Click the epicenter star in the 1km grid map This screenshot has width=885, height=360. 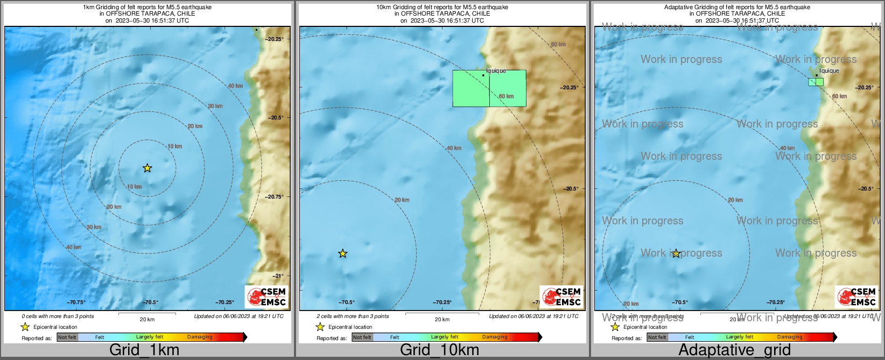(147, 168)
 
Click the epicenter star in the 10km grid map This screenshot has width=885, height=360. (343, 253)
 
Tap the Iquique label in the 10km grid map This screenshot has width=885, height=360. (496, 70)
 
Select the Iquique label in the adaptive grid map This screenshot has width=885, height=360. (829, 70)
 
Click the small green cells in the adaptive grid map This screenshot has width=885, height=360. (816, 82)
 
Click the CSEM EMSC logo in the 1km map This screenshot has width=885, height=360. (267, 297)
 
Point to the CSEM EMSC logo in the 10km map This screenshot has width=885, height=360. (561, 297)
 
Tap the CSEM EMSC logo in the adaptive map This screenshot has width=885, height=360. (856, 297)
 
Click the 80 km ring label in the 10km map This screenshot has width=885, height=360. (558, 45)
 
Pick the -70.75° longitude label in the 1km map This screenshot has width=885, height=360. (76, 302)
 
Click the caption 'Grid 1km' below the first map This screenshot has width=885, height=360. (144, 350)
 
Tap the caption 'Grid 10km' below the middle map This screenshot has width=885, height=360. (439, 350)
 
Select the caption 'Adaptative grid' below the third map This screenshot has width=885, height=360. (734, 350)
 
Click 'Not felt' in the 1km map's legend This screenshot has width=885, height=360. (67, 337)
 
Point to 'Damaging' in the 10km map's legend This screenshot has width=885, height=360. (495, 337)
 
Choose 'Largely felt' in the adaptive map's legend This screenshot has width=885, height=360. (740, 337)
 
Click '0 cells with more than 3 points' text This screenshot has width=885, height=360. (58, 316)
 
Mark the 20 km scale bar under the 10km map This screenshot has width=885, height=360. (442, 313)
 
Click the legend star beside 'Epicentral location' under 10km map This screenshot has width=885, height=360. (320, 327)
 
